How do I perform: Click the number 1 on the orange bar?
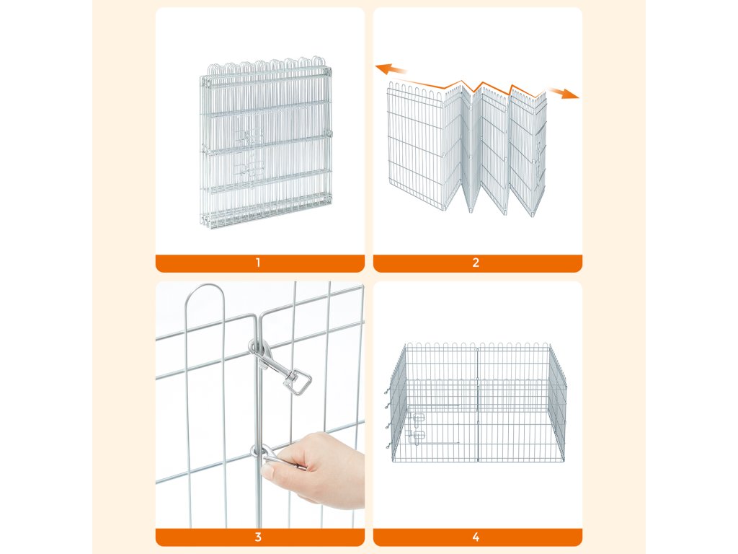(x=258, y=263)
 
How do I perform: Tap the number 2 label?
(x=476, y=263)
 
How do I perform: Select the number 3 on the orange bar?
(x=258, y=537)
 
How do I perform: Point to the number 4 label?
(x=476, y=537)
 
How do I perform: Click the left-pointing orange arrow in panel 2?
(x=391, y=69)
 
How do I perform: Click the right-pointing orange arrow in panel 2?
(x=563, y=93)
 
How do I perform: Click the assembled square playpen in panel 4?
(x=479, y=403)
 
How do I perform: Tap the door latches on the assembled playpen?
(x=417, y=428)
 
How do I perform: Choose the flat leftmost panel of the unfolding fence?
(x=416, y=146)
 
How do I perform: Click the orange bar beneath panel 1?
(x=259, y=263)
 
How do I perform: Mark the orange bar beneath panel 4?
(x=478, y=537)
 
